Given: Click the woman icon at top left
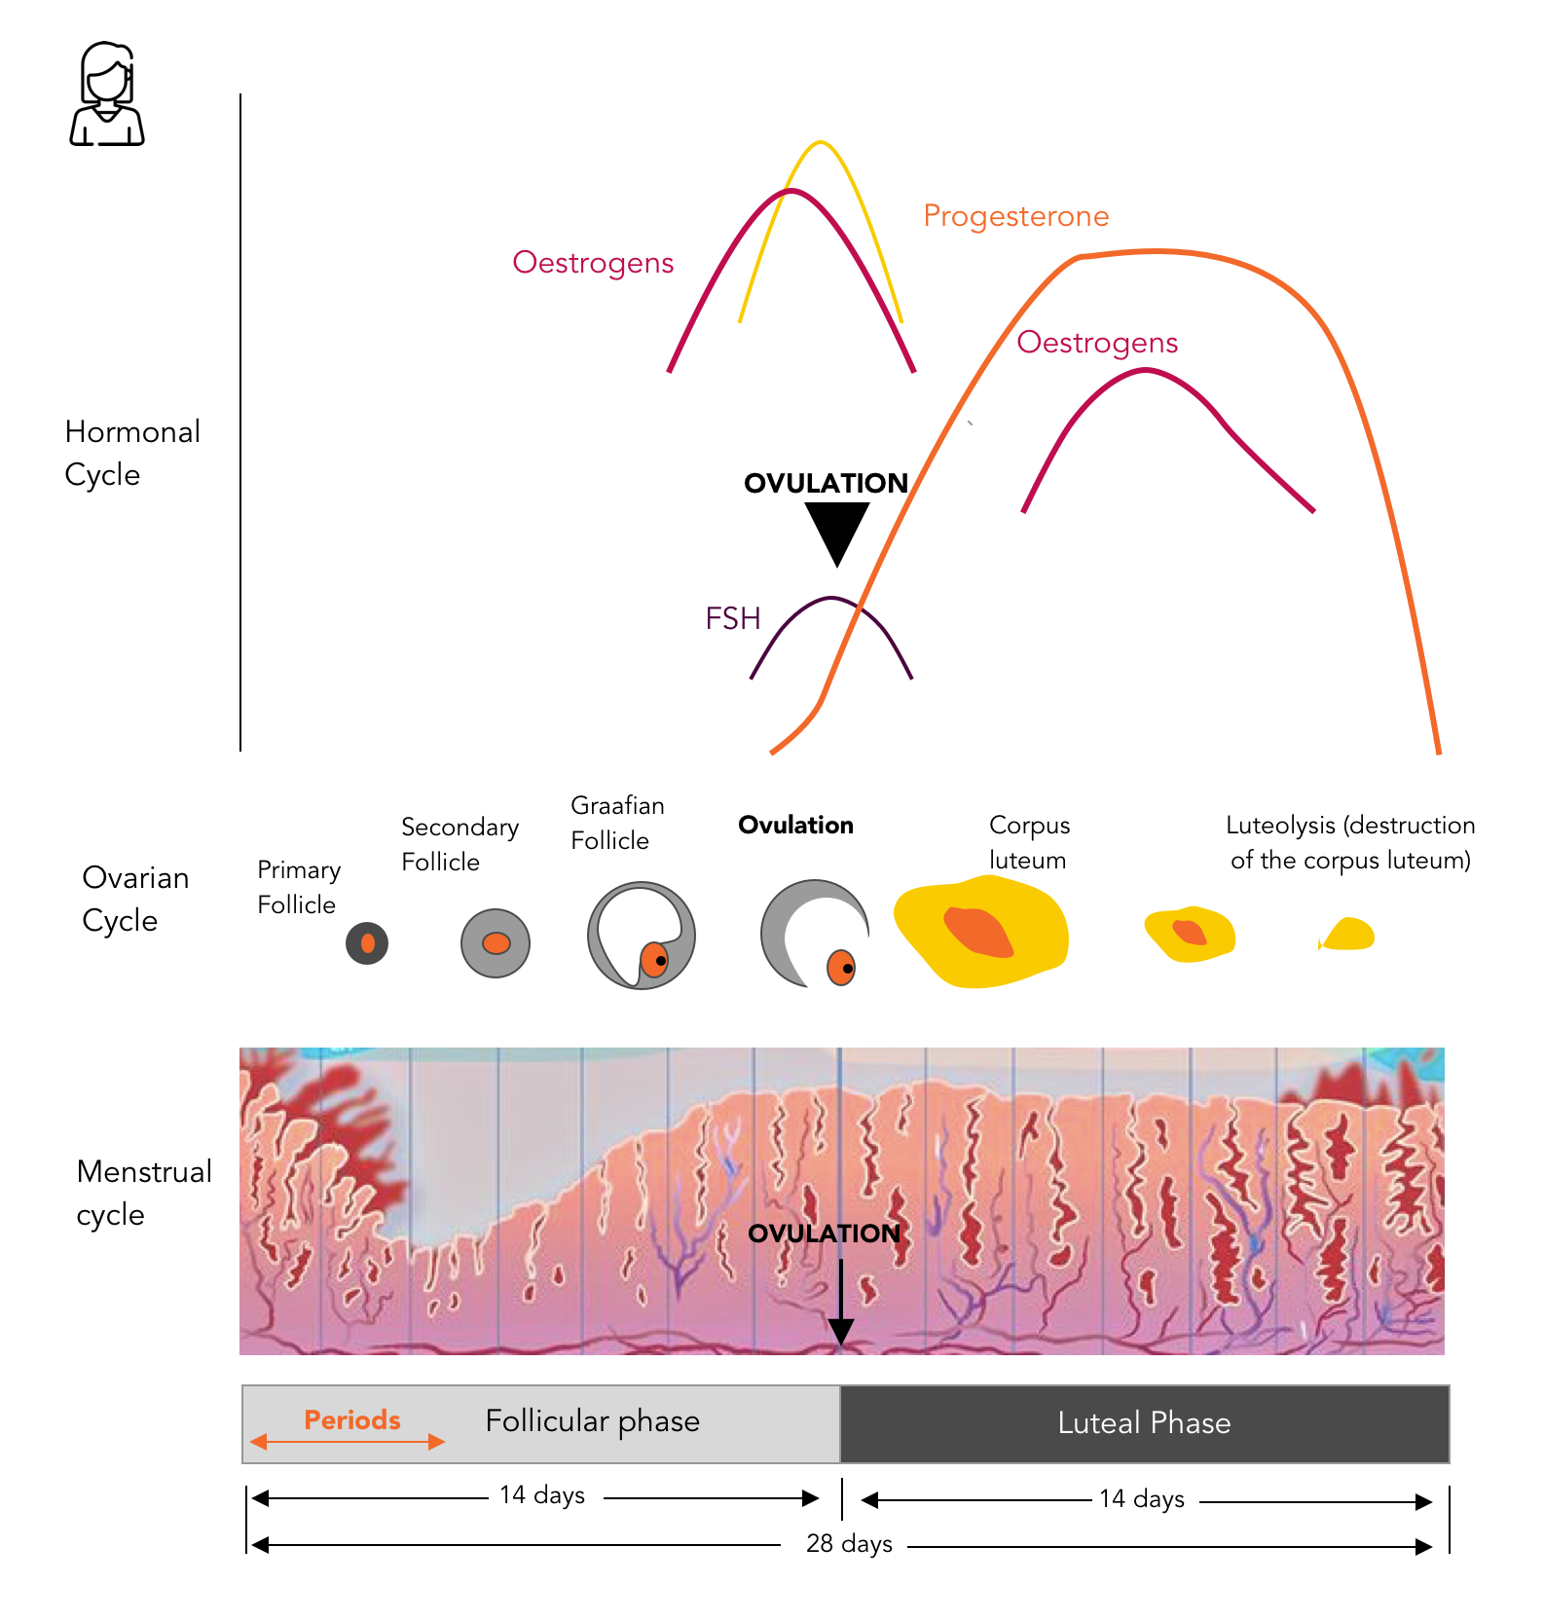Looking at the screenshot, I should [107, 94].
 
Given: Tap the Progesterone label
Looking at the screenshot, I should [1015, 216].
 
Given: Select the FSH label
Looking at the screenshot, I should [732, 618].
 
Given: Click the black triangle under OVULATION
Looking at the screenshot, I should [836, 531].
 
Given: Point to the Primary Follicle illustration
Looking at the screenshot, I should [367, 942].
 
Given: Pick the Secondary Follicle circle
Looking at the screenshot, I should [496, 942].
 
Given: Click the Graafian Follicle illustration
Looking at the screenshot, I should [641, 936].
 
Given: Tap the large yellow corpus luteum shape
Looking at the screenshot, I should [980, 932].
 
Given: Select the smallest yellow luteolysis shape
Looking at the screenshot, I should [1347, 935].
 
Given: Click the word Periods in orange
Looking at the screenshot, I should [351, 1419].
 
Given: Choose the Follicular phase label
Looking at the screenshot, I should [592, 1421].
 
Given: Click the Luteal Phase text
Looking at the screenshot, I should [1144, 1423].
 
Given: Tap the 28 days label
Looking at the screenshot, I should [849, 1544].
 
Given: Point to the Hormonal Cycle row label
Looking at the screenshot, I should [131, 453].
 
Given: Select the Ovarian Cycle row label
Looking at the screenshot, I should [134, 899].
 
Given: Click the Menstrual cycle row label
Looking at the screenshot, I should [143, 1193].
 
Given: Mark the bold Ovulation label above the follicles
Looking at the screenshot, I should [795, 826].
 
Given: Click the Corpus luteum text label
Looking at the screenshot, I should [1029, 842].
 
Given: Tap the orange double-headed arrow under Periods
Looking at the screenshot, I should [348, 1442].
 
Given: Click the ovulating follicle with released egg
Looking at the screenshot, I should [814, 934].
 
